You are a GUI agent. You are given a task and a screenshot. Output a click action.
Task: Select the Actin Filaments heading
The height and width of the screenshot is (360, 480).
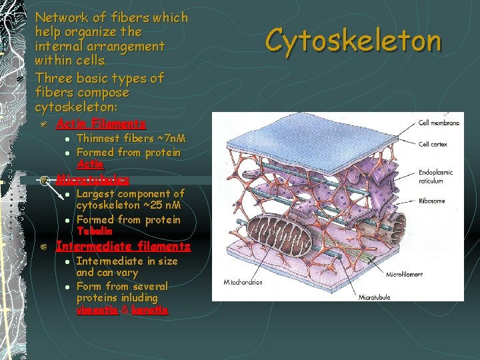[x=101, y=124]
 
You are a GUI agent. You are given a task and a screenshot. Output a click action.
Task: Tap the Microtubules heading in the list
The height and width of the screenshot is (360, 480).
[x=93, y=179]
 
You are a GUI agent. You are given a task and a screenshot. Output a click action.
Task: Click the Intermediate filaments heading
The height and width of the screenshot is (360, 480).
[x=123, y=247]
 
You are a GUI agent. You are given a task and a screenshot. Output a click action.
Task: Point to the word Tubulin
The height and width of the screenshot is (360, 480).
[x=94, y=231]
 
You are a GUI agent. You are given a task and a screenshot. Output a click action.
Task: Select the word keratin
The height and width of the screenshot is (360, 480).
[x=150, y=310]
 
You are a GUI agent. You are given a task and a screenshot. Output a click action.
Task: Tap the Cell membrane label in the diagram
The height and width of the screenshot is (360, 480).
[x=439, y=123]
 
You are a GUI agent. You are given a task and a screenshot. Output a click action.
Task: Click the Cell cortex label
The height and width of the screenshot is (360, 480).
[x=433, y=144]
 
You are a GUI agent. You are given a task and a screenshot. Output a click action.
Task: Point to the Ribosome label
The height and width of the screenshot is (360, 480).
[x=433, y=200]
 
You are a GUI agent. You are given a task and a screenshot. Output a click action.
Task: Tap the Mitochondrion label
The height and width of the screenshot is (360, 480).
[x=238, y=282]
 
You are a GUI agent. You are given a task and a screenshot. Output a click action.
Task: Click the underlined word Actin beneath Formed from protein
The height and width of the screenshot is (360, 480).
[x=90, y=164]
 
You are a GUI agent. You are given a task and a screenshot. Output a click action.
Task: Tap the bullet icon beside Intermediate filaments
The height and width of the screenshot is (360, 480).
[x=42, y=247]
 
